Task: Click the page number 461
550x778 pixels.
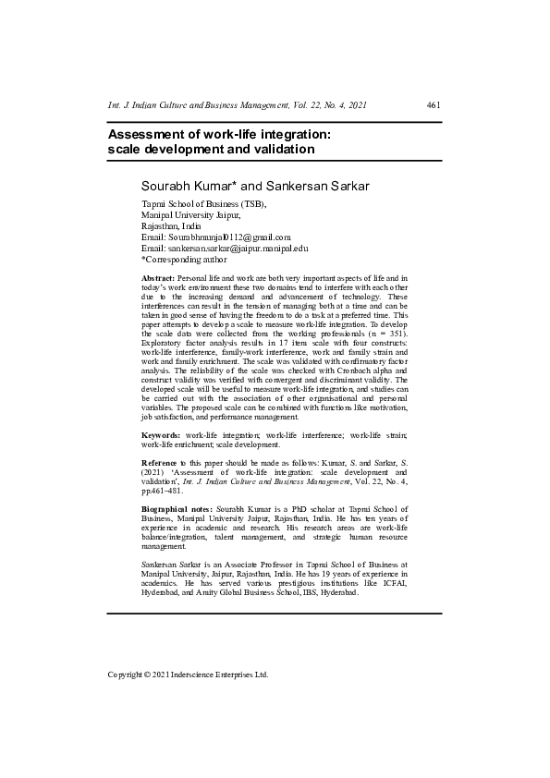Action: [x=434, y=106]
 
